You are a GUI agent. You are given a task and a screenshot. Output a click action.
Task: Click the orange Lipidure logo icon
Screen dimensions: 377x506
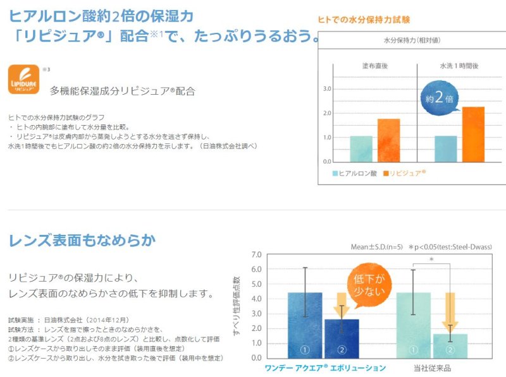click(x=24, y=80)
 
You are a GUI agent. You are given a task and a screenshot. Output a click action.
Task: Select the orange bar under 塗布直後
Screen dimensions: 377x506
click(x=389, y=140)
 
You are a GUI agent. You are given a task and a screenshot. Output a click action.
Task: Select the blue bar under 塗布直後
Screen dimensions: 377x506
click(x=361, y=148)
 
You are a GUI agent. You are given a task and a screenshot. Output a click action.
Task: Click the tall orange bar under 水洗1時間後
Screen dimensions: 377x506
click(x=473, y=134)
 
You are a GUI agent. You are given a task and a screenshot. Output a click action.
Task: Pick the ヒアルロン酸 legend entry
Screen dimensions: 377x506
click(x=356, y=172)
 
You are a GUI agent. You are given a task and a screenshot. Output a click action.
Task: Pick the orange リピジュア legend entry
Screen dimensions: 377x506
click(x=403, y=172)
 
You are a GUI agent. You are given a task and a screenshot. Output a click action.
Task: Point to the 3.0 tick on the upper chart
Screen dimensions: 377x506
click(x=327, y=89)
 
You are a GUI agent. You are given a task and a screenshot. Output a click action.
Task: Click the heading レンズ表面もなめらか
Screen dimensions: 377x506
click(x=82, y=241)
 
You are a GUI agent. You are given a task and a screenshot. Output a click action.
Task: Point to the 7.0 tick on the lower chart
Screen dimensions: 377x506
click(x=256, y=255)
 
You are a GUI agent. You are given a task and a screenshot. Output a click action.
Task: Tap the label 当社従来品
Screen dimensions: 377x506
click(x=432, y=368)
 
